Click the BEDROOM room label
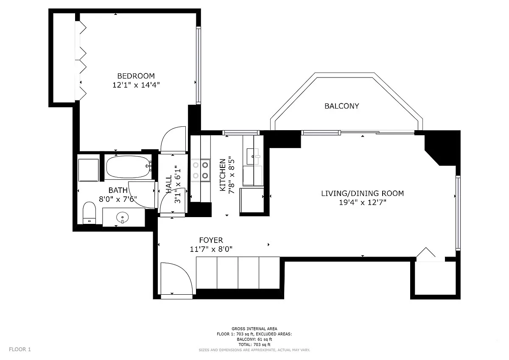(136, 76)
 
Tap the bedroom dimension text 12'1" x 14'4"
(136, 85)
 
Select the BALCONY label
(342, 106)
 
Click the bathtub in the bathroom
(129, 167)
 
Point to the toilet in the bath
(89, 213)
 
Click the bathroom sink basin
(122, 218)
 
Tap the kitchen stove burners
(200, 170)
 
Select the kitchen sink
(253, 156)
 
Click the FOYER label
(211, 240)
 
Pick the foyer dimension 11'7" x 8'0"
(211, 249)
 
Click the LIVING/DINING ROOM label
(362, 193)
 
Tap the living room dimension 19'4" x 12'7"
(363, 202)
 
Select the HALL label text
(169, 184)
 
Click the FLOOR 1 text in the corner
(20, 349)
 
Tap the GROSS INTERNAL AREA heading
(254, 329)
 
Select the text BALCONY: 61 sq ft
(254, 339)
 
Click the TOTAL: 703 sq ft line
(254, 345)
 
